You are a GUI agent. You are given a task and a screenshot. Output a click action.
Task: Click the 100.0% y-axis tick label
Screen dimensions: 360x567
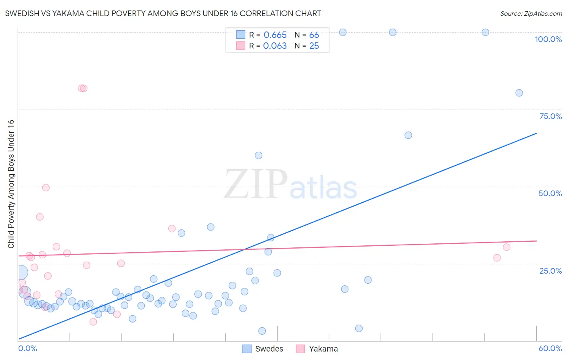[548, 39]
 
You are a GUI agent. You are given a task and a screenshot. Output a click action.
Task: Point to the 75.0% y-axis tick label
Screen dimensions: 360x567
[550, 116]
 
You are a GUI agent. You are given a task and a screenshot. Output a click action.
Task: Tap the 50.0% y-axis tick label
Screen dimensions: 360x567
[550, 193]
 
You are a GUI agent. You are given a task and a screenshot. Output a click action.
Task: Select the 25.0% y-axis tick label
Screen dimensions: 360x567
[550, 271]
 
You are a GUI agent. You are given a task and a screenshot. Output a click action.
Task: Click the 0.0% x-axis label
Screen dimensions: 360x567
[27, 348]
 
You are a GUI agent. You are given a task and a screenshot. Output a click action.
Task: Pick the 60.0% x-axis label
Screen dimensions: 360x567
[550, 348]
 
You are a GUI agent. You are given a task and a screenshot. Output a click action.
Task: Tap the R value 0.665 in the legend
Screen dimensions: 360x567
[275, 35]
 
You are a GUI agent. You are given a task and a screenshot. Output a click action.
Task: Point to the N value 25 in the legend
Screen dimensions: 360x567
[314, 46]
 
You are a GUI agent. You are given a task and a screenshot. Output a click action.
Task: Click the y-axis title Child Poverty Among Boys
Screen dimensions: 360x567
[11, 184]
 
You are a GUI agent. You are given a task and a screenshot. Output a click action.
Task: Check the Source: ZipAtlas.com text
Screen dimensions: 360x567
[531, 14]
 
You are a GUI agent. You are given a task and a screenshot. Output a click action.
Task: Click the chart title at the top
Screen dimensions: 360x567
[163, 13]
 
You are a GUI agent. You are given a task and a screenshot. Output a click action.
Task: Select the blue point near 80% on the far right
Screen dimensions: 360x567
[519, 93]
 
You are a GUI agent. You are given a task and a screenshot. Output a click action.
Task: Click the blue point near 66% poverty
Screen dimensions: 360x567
[408, 135]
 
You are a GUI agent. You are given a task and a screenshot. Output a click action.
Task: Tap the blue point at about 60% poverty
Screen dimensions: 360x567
[258, 155]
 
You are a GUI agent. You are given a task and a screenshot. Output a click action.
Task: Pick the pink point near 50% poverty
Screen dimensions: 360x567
[46, 188]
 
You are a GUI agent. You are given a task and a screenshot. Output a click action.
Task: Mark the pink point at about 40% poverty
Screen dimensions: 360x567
[40, 217]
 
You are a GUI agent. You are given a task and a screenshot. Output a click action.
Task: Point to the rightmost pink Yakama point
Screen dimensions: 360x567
[507, 247]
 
